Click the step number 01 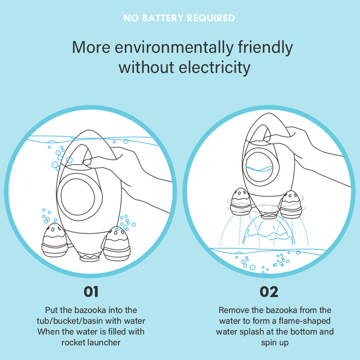point(91,292)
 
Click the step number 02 point(269,292)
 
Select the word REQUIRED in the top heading point(211,18)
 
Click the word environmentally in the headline point(174,47)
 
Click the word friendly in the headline point(265,47)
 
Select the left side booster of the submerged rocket point(55,241)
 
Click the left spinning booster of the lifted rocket point(241,202)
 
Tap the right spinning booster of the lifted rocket point(291,205)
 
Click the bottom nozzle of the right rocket point(269,215)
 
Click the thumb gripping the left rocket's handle point(92,162)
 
